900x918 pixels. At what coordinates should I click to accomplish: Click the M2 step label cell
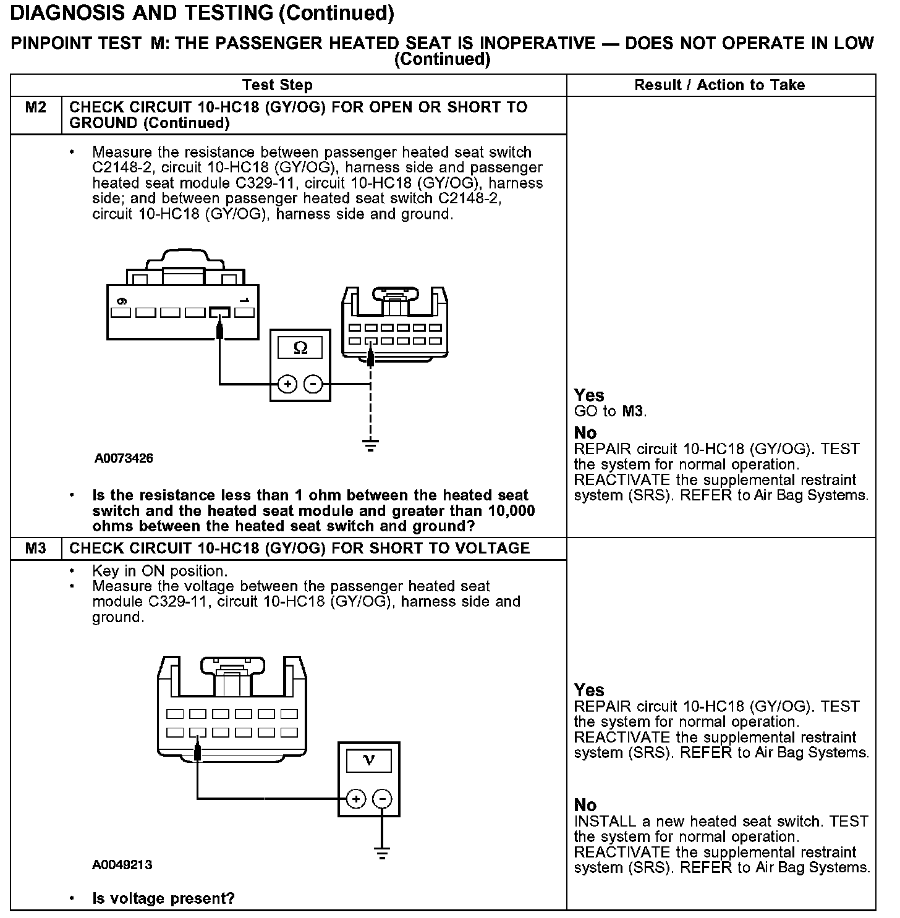36,108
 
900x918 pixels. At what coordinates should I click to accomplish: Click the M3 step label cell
36,549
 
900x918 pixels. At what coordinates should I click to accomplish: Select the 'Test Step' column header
278,85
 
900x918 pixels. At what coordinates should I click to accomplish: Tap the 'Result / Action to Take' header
720,85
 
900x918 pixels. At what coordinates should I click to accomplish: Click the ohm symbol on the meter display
300,348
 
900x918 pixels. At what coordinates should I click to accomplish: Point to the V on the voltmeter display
369,760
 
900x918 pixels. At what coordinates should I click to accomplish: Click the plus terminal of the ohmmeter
287,384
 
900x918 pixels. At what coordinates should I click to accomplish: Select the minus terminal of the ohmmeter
314,384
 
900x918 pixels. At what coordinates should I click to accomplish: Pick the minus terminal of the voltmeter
383,799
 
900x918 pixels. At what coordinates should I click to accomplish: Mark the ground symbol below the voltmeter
383,854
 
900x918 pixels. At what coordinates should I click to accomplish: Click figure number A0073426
124,458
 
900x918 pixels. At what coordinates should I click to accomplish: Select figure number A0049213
122,865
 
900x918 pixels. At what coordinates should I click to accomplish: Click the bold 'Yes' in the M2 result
589,395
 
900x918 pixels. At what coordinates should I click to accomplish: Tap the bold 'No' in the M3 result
585,805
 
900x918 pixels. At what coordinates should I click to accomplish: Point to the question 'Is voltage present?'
163,898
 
